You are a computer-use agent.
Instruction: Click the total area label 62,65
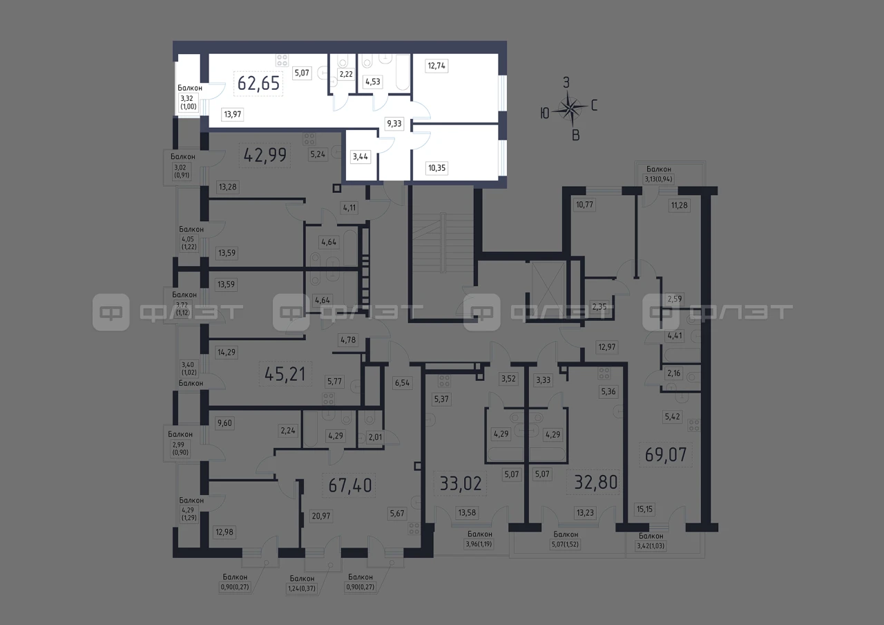pyautogui.click(x=258, y=84)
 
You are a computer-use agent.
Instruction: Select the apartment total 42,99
pyautogui.click(x=265, y=155)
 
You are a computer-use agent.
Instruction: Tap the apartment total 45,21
pyautogui.click(x=285, y=374)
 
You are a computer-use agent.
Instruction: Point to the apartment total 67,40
pyautogui.click(x=349, y=485)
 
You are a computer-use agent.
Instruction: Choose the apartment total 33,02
pyautogui.click(x=461, y=483)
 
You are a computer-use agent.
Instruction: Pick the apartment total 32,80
pyautogui.click(x=595, y=482)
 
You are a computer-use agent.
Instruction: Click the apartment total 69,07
pyautogui.click(x=666, y=455)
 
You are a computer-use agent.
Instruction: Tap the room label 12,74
pyautogui.click(x=436, y=66)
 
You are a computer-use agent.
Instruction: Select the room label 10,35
pyautogui.click(x=437, y=168)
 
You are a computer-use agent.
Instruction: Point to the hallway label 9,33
pyautogui.click(x=394, y=124)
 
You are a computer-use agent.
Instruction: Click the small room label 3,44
pyautogui.click(x=361, y=156)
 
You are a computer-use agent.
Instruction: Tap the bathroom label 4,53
pyautogui.click(x=372, y=82)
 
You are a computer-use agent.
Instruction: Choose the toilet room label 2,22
pyautogui.click(x=346, y=74)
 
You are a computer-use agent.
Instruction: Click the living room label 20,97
pyautogui.click(x=321, y=516)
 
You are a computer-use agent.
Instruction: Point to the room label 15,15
pyautogui.click(x=644, y=509)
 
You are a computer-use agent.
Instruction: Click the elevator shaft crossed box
pyautogui.click(x=548, y=286)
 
